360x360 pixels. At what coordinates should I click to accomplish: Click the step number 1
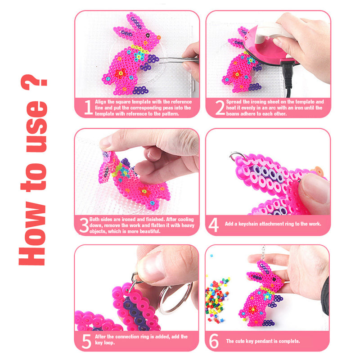(x=88, y=108)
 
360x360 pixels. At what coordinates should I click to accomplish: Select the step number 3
(x=84, y=225)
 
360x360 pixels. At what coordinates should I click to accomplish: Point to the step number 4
(x=214, y=224)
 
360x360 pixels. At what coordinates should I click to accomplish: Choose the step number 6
(x=214, y=341)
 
